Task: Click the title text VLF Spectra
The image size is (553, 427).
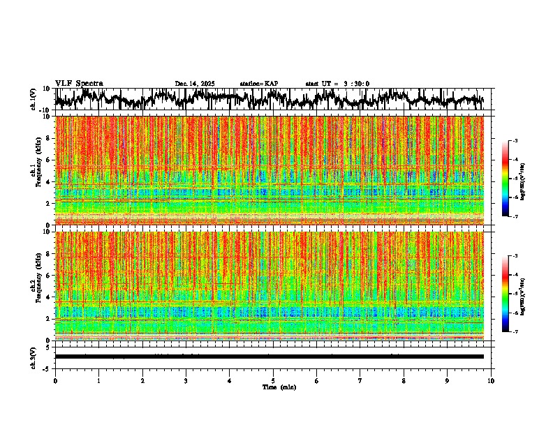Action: (x=79, y=83)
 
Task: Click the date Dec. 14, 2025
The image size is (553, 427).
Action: (x=195, y=84)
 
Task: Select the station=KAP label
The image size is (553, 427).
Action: (x=259, y=84)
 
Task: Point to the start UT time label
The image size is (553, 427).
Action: (x=337, y=84)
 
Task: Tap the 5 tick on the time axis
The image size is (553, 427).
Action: (x=273, y=381)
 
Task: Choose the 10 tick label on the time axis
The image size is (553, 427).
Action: (x=491, y=381)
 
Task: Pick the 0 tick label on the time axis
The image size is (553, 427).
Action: (x=55, y=381)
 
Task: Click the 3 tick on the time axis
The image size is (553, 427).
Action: (x=186, y=381)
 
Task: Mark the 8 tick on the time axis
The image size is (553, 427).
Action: (x=404, y=381)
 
